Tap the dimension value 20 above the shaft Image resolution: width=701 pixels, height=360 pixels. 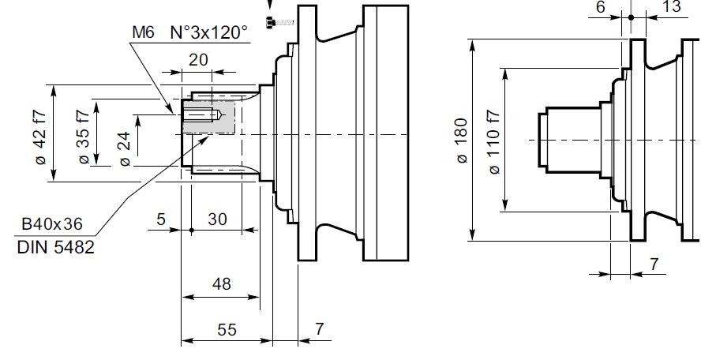(198, 60)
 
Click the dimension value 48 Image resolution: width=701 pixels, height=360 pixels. (222, 284)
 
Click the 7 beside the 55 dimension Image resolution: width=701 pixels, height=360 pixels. (318, 329)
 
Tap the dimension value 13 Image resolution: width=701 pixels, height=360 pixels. (671, 7)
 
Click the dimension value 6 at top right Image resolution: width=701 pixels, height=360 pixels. (600, 7)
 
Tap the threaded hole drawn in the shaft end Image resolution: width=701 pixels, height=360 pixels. (201, 116)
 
